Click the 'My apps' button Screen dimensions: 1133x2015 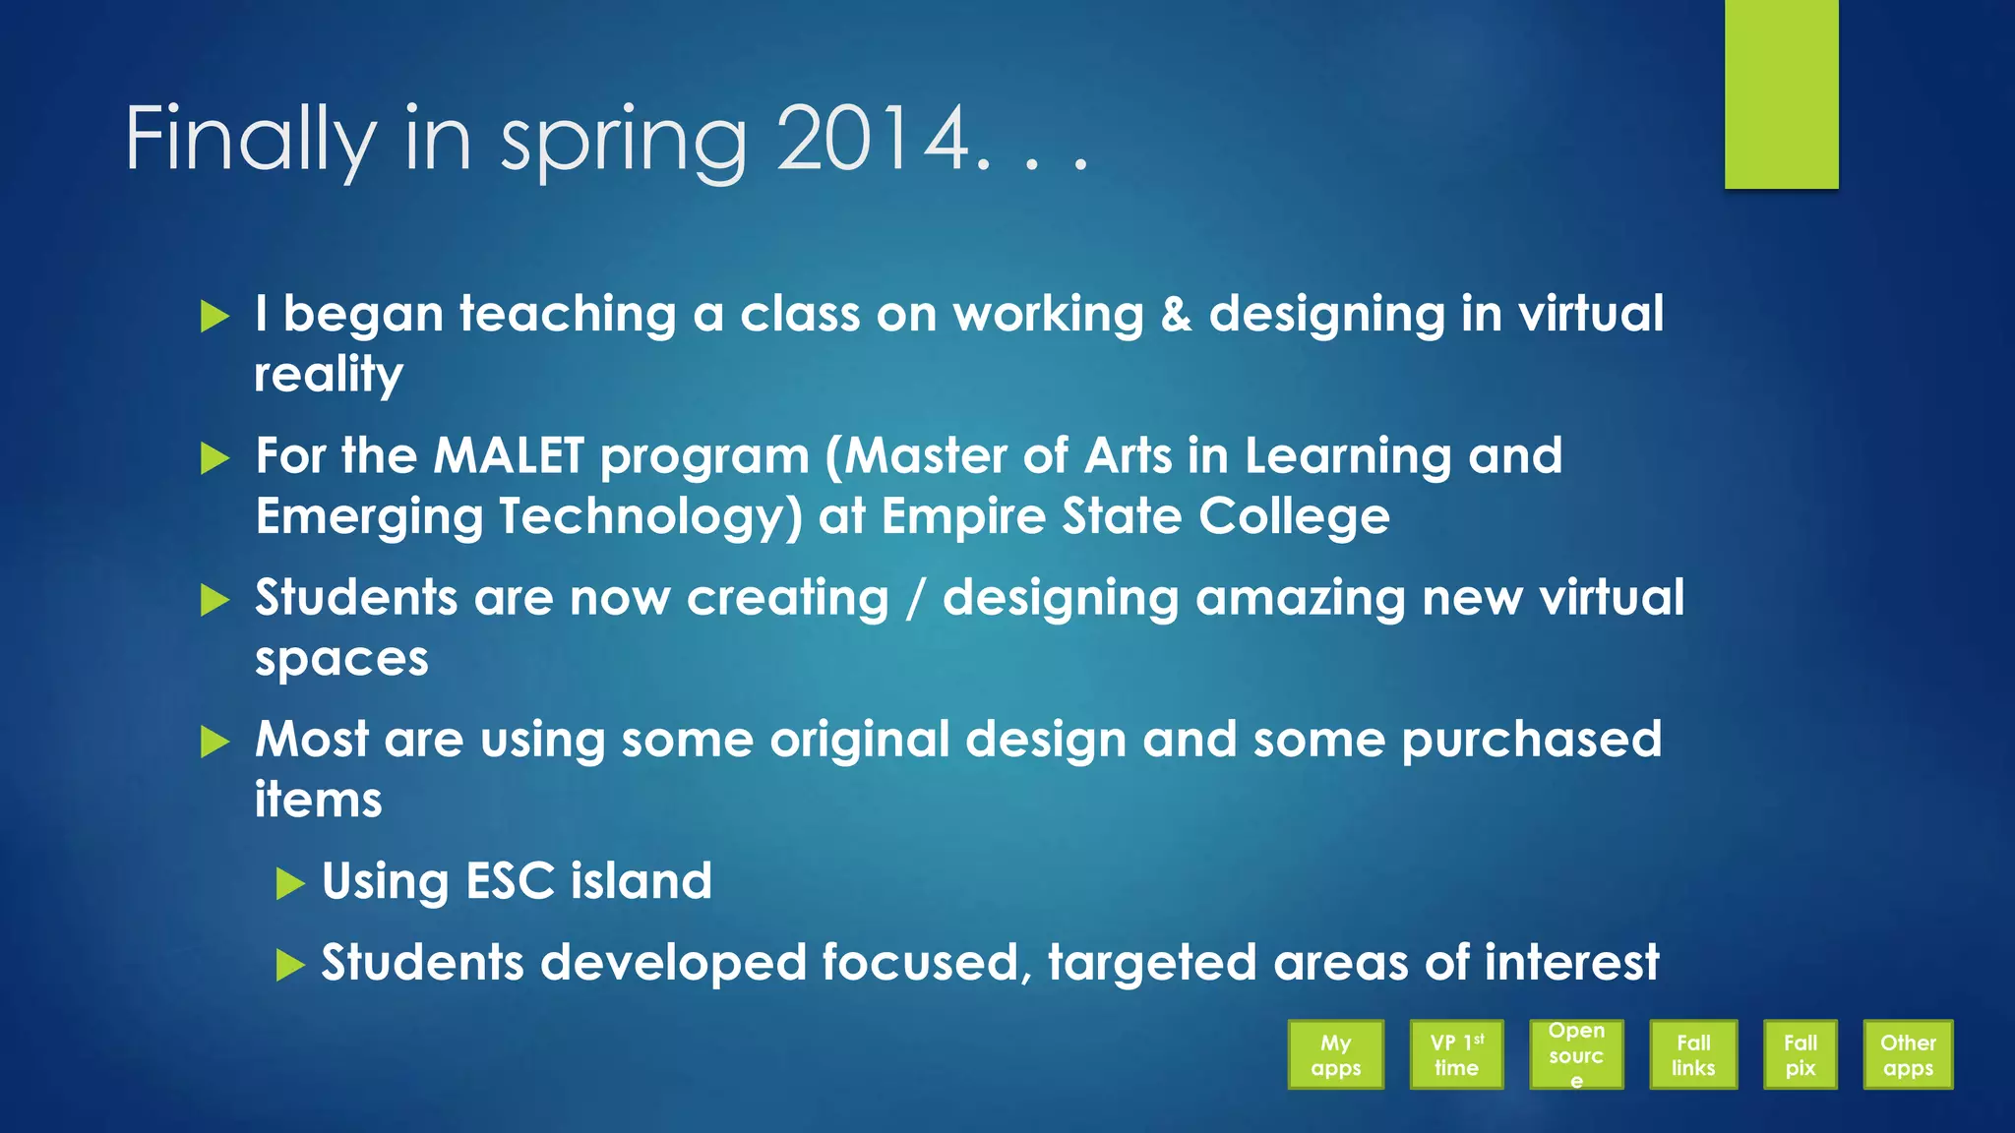(x=1335, y=1054)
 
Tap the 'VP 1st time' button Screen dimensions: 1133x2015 (x=1456, y=1054)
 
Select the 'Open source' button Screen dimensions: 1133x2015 (x=1576, y=1054)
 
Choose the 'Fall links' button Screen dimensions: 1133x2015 (x=1693, y=1054)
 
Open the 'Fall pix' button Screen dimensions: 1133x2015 (x=1800, y=1054)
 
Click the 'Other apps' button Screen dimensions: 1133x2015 (x=1908, y=1054)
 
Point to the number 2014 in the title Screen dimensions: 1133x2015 (x=874, y=140)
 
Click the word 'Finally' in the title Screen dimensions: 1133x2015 (x=250, y=140)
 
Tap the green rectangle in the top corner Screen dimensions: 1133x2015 (x=1781, y=93)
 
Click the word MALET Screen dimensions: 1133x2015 (x=509, y=456)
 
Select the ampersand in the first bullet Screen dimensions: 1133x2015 (x=1176, y=315)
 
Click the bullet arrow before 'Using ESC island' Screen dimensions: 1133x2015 (x=290, y=883)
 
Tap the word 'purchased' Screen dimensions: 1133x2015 (x=1531, y=740)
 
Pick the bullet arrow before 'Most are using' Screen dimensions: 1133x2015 (x=214, y=742)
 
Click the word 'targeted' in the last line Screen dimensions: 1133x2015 (x=1152, y=963)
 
